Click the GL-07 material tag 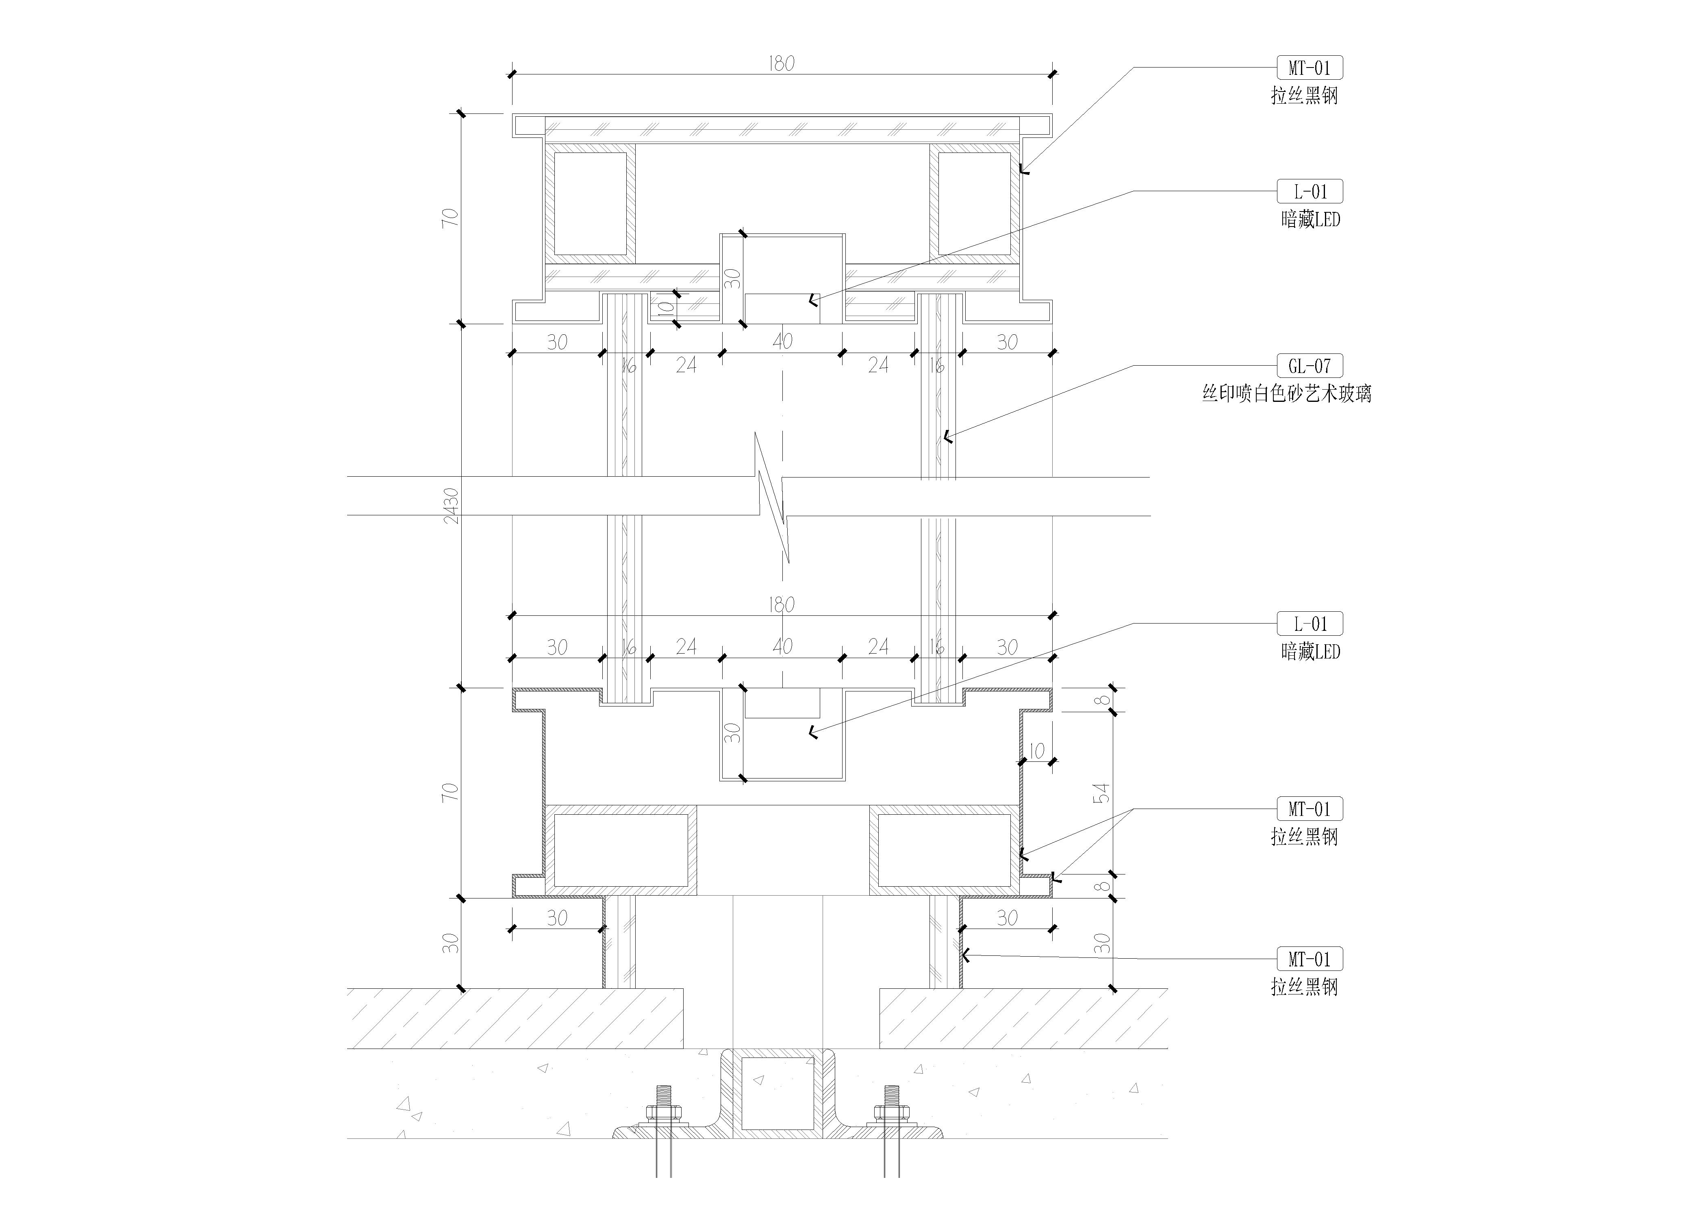pyautogui.click(x=1309, y=366)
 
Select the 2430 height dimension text pyautogui.click(x=451, y=506)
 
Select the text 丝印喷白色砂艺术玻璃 pyautogui.click(x=1287, y=393)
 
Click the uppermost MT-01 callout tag pyautogui.click(x=1309, y=68)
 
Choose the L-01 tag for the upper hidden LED pyautogui.click(x=1309, y=191)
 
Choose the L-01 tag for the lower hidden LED pyautogui.click(x=1309, y=624)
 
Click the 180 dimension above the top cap pyautogui.click(x=782, y=64)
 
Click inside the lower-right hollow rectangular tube pyautogui.click(x=944, y=850)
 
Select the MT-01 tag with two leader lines pyautogui.click(x=1309, y=809)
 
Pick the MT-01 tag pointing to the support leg pyautogui.click(x=1309, y=959)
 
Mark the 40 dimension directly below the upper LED pyautogui.click(x=782, y=341)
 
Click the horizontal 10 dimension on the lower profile pyautogui.click(x=1036, y=751)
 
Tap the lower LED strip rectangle pyautogui.click(x=782, y=703)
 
